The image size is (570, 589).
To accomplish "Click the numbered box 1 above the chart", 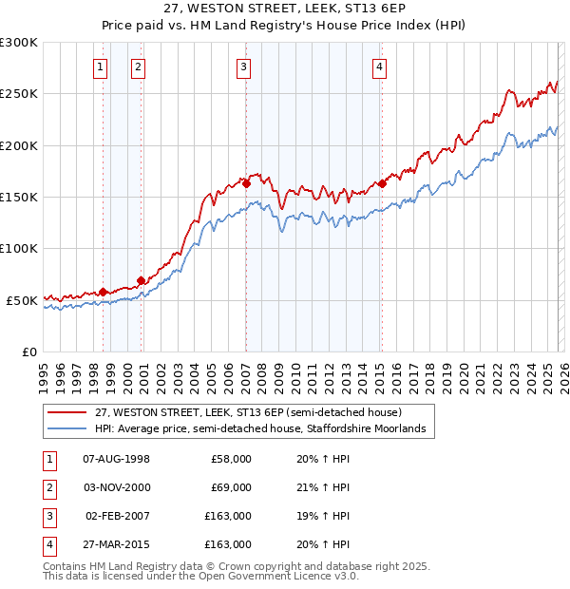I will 101,66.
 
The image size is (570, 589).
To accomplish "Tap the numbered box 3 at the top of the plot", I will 244,66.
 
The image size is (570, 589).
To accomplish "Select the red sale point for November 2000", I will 141,280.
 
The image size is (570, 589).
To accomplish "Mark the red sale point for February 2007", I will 245,183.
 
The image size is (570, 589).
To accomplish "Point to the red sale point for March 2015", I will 382,183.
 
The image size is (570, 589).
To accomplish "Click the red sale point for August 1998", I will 103,292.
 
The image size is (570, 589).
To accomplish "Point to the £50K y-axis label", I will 21,300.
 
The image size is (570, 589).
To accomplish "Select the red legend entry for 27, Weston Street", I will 249,412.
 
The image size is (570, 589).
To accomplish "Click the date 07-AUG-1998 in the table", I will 117,459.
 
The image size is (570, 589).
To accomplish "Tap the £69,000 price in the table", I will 231,487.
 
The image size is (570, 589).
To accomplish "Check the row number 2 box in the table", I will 47,487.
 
